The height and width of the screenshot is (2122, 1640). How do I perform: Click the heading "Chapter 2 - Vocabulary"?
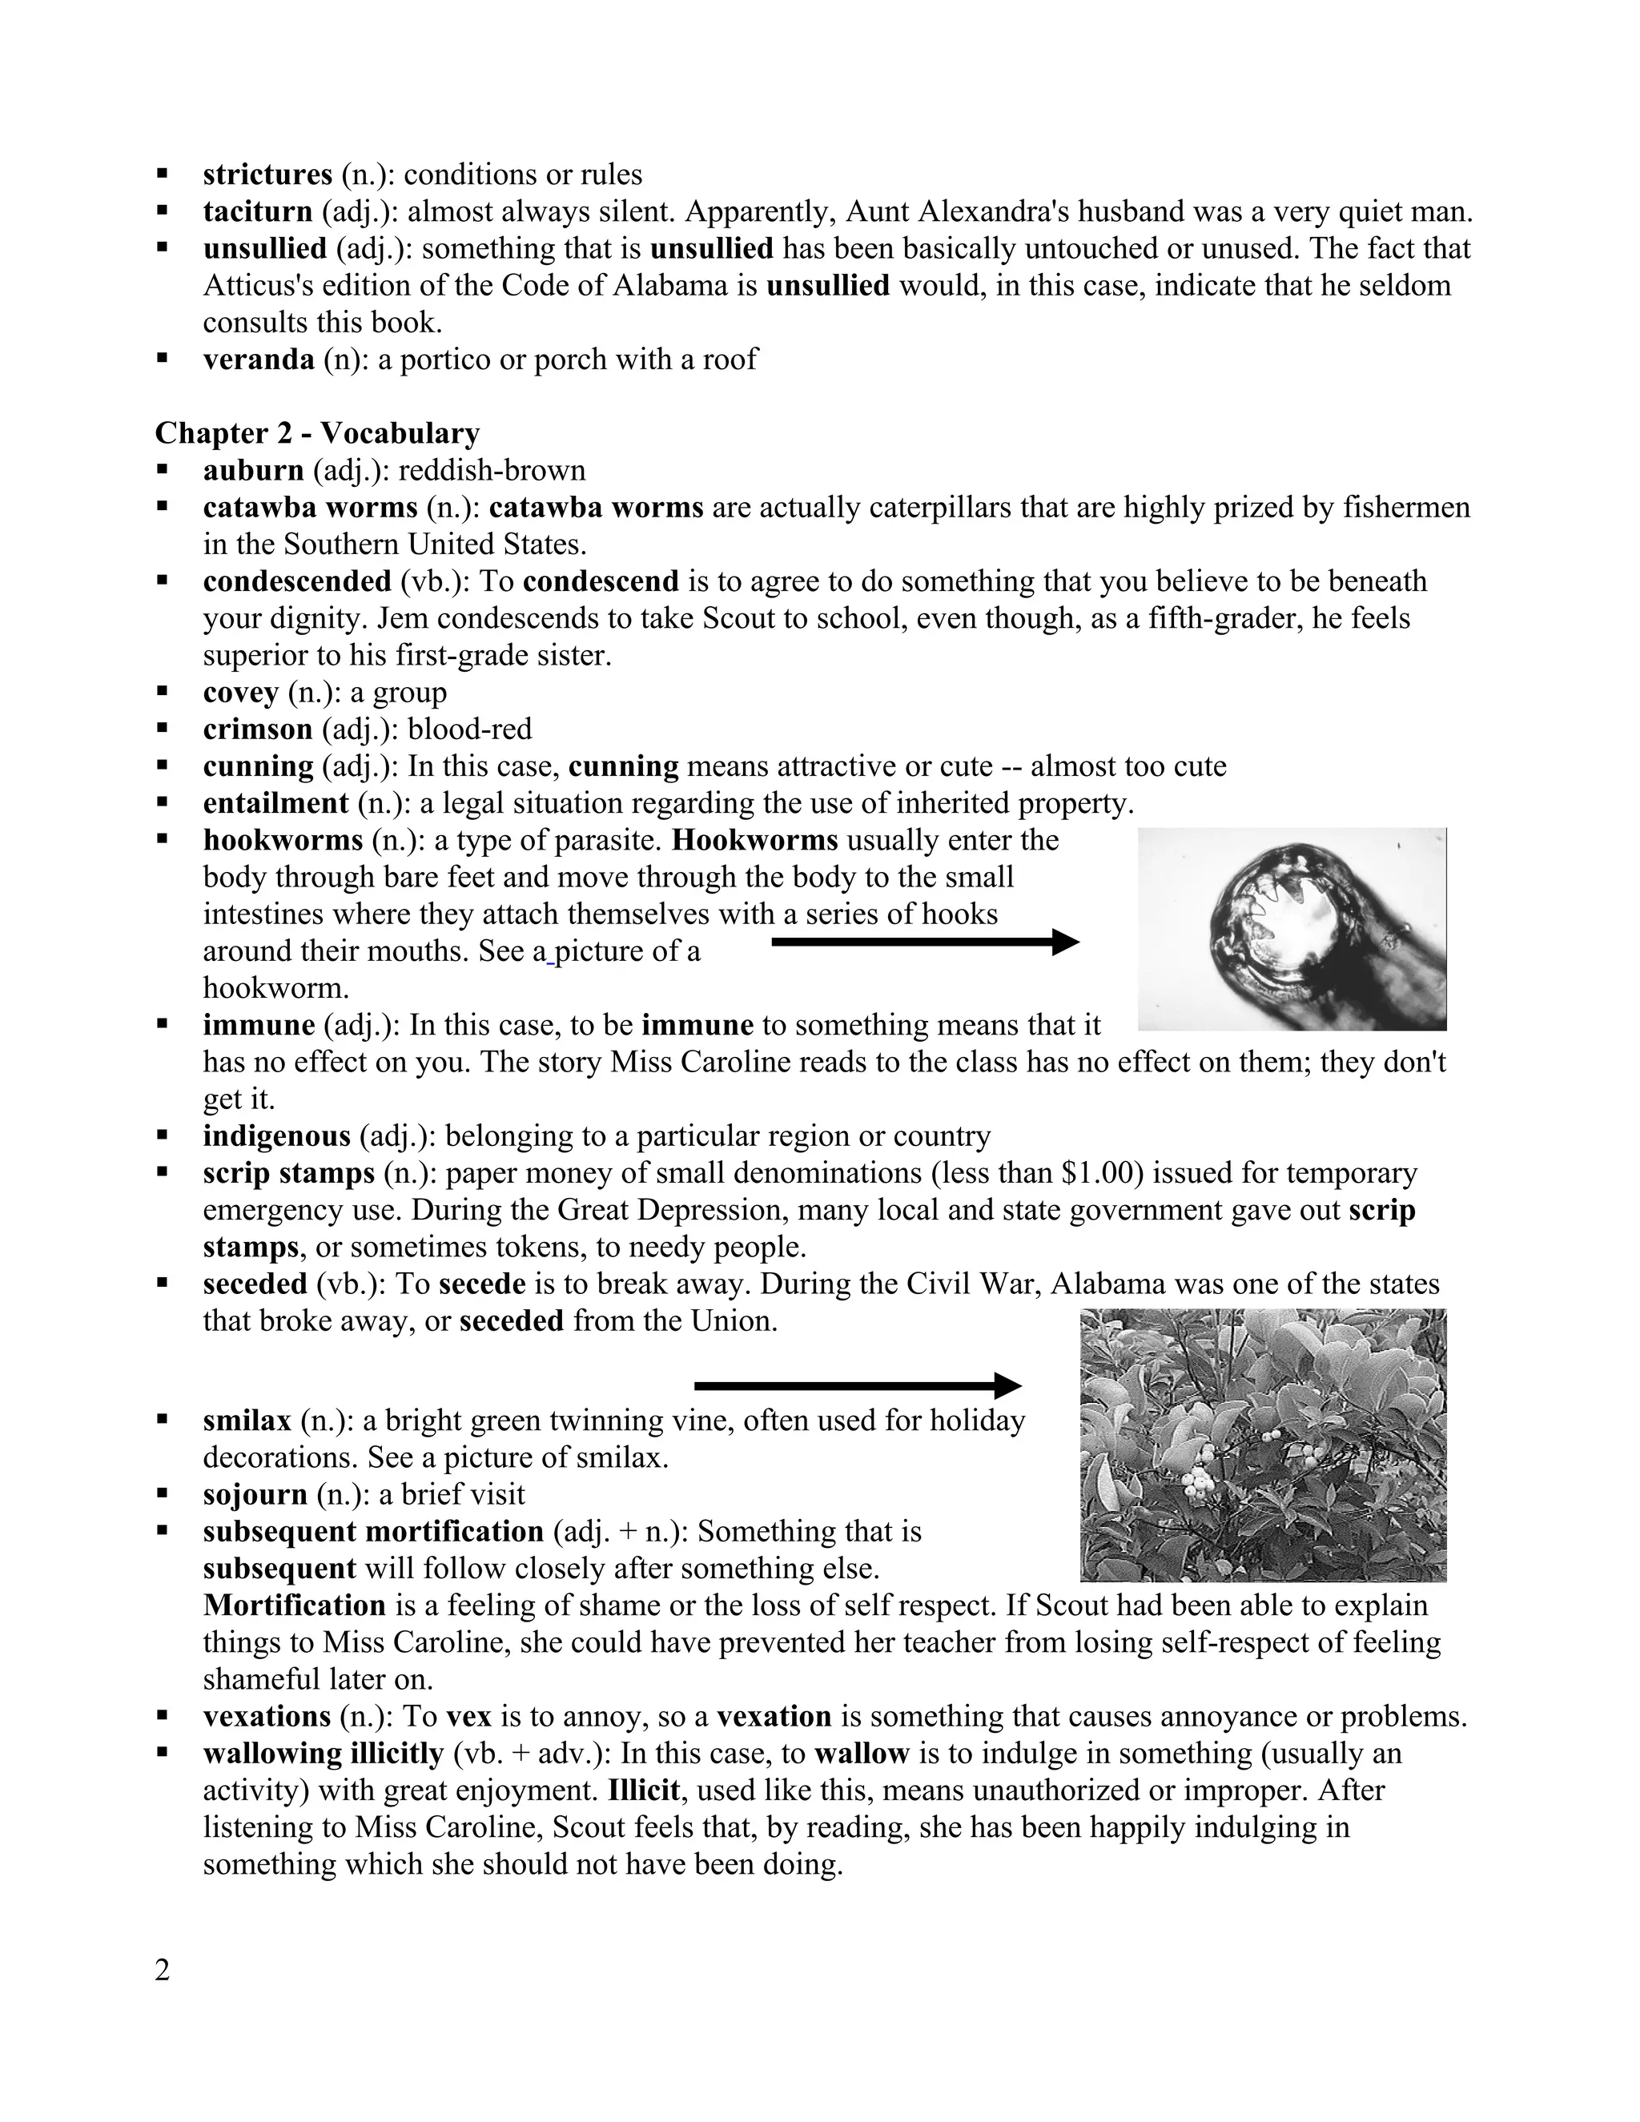point(317,432)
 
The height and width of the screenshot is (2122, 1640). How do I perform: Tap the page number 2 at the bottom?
point(163,1971)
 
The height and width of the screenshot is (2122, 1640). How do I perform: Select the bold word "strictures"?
point(267,175)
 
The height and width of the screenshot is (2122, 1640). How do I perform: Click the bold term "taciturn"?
point(258,212)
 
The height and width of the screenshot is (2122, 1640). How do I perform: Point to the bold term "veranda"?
point(259,360)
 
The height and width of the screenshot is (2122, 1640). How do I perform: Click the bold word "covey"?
point(240,693)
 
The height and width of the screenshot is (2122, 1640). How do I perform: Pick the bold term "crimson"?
point(258,729)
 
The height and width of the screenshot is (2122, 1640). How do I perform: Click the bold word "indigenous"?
point(276,1135)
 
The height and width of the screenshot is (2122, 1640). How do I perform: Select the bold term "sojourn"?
point(255,1494)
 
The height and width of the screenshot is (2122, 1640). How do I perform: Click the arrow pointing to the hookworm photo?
point(924,942)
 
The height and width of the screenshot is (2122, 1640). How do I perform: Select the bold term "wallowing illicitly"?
point(323,1754)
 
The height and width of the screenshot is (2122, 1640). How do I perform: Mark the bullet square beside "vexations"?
point(163,1717)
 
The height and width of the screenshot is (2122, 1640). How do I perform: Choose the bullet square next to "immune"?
point(163,1025)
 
